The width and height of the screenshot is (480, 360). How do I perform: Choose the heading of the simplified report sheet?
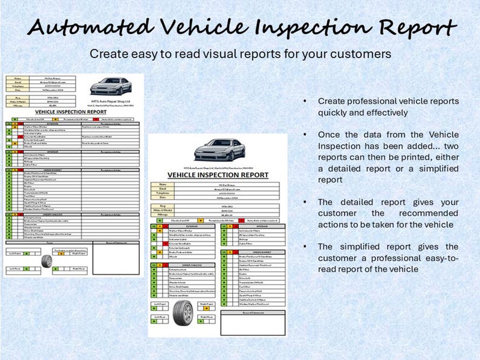pos(218,175)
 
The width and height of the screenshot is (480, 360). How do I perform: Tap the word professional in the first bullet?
pos(371,101)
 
